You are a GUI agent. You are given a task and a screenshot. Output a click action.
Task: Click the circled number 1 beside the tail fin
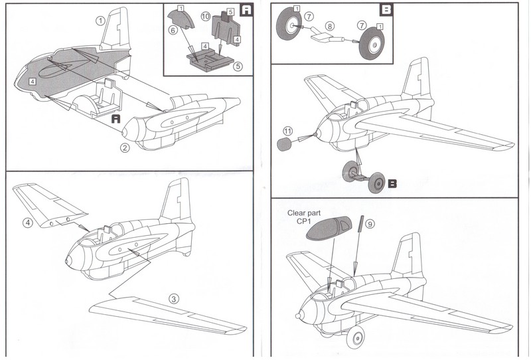point(100,21)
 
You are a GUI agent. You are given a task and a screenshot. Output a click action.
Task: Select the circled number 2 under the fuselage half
point(124,147)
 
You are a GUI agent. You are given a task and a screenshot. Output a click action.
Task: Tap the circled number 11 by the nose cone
point(287,130)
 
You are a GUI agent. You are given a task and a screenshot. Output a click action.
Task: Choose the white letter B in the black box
point(387,11)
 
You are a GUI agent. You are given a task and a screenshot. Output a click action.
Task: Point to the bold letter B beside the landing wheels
point(393,181)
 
